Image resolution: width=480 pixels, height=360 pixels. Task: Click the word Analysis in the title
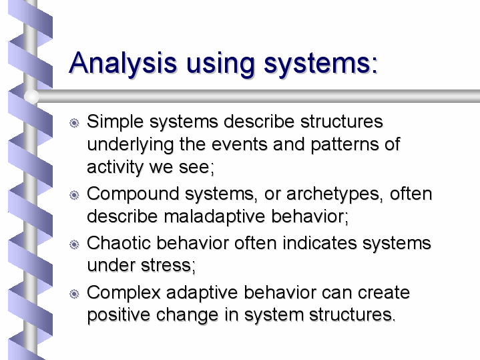tap(123, 63)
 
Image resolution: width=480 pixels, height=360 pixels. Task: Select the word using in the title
tap(220, 63)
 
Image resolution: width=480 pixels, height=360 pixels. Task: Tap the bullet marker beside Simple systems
tap(74, 123)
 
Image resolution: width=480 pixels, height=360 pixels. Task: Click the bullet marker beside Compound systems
tap(74, 195)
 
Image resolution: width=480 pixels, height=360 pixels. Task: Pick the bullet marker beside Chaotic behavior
tap(74, 244)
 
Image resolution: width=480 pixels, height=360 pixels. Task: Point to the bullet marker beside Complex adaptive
tap(74, 294)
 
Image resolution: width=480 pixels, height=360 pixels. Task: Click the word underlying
tap(130, 145)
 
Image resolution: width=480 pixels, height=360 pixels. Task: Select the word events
tap(240, 144)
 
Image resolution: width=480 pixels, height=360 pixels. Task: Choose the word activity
tap(115, 168)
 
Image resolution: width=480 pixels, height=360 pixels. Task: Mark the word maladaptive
tap(214, 217)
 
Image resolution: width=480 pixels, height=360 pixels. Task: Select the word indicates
tap(320, 243)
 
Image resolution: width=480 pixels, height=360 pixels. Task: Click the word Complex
tap(124, 293)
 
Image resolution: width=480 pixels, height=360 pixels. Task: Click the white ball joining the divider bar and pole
tap(31, 96)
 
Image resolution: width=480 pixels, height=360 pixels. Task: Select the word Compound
tap(133, 194)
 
